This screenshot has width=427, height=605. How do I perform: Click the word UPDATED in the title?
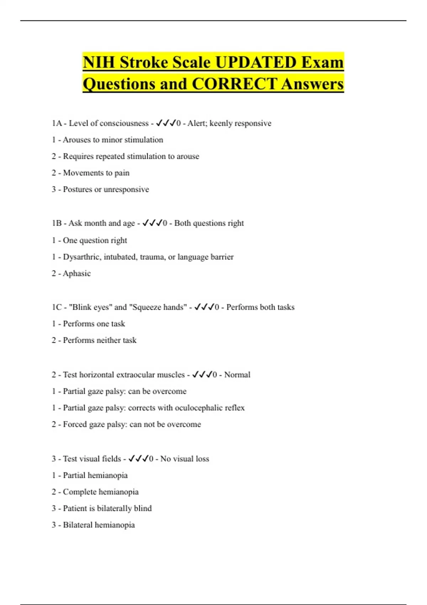[x=256, y=63]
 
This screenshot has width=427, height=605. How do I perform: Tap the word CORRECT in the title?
[x=234, y=84]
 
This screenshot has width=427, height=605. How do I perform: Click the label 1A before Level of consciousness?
[x=57, y=123]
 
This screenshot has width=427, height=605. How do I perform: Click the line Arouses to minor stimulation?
[x=107, y=140]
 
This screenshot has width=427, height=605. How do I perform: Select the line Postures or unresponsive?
[x=100, y=189]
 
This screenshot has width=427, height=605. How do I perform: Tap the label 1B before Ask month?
[x=57, y=223]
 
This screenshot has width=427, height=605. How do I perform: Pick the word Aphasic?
[x=77, y=274]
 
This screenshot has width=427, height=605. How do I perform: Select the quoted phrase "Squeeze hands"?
[x=158, y=307]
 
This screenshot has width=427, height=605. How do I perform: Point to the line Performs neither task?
[x=94, y=340]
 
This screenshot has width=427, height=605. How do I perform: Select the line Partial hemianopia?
[x=89, y=475]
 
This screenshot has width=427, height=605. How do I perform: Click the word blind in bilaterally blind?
[x=143, y=509]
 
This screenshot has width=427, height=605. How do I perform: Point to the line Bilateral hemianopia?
[x=93, y=525]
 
